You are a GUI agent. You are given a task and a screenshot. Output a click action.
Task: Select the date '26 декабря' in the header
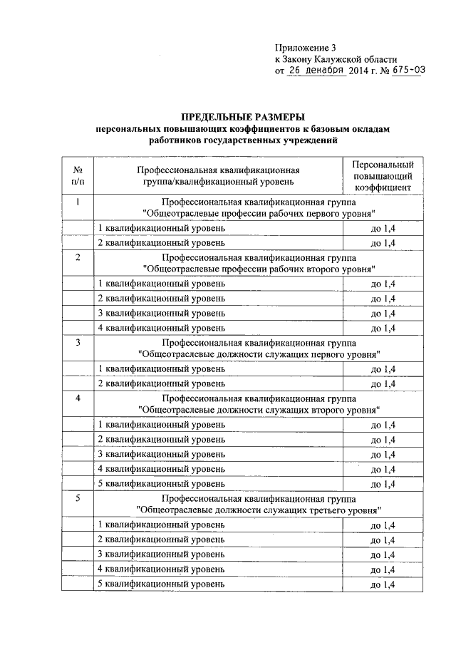tap(316, 71)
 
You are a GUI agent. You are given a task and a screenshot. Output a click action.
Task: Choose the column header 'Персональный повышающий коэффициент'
tap(383, 177)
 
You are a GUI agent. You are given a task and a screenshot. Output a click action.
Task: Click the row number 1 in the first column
tap(76, 201)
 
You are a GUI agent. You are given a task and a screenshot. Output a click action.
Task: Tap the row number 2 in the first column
tap(76, 257)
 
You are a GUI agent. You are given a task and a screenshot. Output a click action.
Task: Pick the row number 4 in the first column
tap(76, 397)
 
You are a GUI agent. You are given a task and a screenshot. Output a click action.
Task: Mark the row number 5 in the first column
tap(76, 497)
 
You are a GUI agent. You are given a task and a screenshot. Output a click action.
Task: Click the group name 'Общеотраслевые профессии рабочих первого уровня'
tap(259, 213)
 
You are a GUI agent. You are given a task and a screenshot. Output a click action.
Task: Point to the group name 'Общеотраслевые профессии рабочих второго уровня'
tap(259, 269)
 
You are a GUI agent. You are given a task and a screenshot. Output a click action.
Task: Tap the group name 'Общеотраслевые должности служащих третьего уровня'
tap(259, 510)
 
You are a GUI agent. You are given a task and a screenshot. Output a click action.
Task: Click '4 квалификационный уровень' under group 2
tap(162, 327)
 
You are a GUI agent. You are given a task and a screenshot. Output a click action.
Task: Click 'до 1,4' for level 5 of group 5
tap(383, 585)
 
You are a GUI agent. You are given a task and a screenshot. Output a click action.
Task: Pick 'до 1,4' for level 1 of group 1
tap(383, 229)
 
